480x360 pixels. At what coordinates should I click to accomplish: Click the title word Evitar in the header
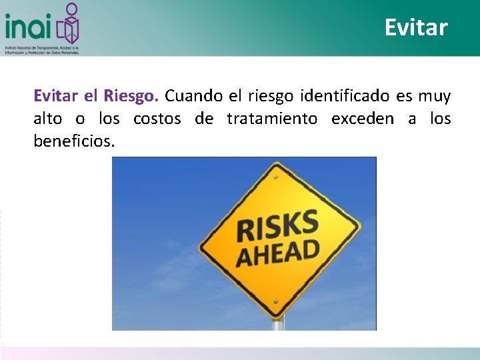click(416, 27)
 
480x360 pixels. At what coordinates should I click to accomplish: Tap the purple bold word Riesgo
click(131, 96)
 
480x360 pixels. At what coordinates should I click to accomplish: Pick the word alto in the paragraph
click(48, 119)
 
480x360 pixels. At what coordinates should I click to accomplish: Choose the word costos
click(157, 119)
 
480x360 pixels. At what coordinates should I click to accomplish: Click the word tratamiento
click(272, 119)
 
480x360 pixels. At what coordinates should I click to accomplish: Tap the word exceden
click(361, 119)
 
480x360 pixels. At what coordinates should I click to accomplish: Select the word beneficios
click(74, 141)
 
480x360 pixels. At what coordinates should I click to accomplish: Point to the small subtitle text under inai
click(41, 51)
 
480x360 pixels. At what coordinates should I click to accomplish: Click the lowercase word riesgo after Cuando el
click(271, 96)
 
